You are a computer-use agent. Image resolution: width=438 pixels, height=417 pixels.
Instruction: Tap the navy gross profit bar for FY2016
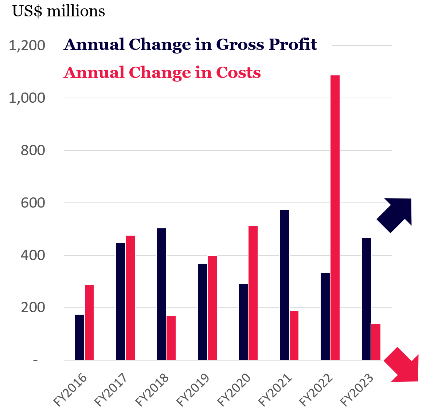(x=79, y=337)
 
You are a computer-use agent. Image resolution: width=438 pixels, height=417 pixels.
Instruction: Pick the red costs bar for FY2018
(x=171, y=338)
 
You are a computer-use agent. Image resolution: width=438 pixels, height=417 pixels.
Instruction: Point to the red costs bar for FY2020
(x=253, y=293)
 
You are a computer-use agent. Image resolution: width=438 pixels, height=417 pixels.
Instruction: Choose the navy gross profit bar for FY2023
(x=366, y=299)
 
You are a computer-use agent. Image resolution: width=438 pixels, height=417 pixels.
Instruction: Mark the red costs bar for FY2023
(x=376, y=342)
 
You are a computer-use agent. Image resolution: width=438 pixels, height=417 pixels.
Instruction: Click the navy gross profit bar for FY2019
(x=202, y=312)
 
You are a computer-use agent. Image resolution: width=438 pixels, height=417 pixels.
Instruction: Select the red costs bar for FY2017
(x=130, y=298)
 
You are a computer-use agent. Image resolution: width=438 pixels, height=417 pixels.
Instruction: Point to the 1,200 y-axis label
(x=27, y=46)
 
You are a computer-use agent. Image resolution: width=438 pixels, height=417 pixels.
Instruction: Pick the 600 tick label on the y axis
(x=33, y=203)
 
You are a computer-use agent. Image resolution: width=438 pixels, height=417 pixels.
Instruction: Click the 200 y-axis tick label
(x=33, y=308)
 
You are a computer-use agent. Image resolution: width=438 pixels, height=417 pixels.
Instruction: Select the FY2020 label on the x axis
(x=234, y=389)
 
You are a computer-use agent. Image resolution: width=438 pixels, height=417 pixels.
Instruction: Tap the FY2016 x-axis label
(x=70, y=389)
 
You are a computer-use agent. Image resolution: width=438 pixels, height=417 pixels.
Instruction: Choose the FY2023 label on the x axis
(x=357, y=389)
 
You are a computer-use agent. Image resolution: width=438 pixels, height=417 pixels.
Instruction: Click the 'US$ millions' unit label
(x=59, y=11)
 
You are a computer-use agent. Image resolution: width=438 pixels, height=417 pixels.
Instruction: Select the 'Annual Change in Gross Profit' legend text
(x=190, y=44)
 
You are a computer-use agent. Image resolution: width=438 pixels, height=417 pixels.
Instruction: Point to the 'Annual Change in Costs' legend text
(x=162, y=72)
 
